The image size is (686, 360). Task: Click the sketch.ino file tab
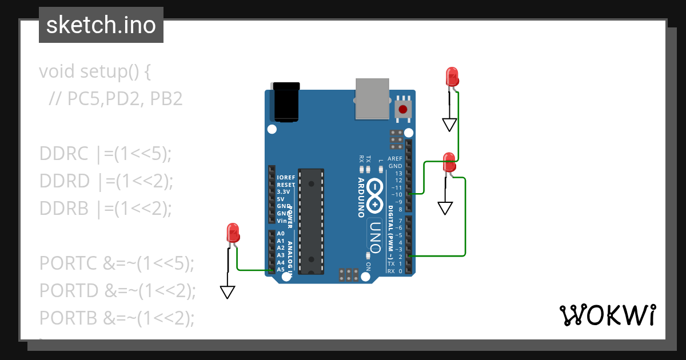click(101, 25)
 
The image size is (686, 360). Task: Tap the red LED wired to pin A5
click(233, 233)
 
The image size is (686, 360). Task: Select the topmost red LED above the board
click(452, 77)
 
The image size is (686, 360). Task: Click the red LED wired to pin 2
click(449, 161)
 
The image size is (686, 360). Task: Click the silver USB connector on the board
click(372, 98)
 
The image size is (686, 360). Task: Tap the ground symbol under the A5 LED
click(228, 292)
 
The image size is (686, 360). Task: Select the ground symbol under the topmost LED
click(450, 124)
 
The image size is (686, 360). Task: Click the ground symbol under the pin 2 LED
click(445, 208)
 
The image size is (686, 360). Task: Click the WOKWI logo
click(607, 315)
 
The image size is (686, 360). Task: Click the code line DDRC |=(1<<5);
click(105, 154)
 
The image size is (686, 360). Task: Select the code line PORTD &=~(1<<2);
click(117, 290)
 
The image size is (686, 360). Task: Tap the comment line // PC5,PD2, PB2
click(115, 99)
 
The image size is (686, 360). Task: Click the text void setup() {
click(94, 71)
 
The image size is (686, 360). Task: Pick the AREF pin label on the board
click(395, 159)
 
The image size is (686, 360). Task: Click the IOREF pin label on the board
click(286, 178)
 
